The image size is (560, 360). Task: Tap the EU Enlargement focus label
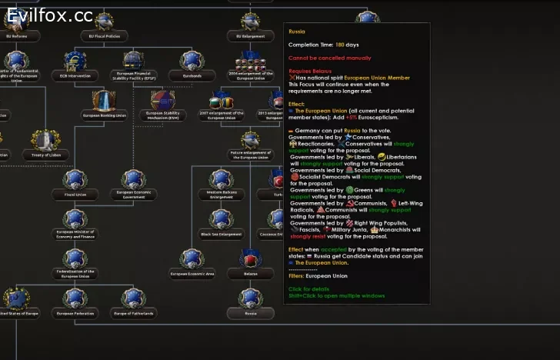[250, 36]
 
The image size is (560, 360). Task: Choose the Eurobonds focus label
[192, 76]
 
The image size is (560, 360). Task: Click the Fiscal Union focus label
[75, 195]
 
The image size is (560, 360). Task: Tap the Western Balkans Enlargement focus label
[222, 196]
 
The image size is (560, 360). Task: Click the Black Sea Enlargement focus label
[222, 234]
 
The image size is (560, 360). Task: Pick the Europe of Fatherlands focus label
[133, 314]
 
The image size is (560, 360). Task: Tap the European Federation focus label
[75, 314]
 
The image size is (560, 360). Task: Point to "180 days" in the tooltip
[335, 45]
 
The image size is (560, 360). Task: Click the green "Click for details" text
[308, 289]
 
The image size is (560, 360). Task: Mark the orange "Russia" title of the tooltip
[296, 32]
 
